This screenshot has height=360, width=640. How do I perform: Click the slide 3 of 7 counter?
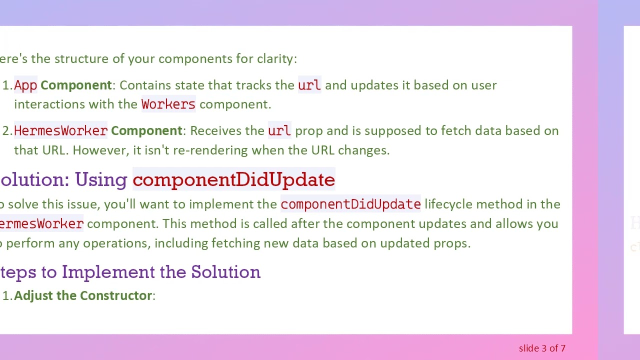click(542, 348)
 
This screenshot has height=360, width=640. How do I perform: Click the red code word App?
click(25, 85)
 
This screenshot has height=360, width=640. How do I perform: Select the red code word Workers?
click(168, 104)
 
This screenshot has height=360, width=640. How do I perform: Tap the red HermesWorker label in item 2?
click(60, 131)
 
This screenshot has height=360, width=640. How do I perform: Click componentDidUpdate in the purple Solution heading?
click(233, 180)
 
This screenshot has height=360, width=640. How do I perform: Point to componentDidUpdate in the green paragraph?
click(350, 204)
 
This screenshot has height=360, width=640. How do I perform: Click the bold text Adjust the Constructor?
click(83, 295)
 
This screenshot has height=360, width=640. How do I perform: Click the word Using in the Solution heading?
click(101, 180)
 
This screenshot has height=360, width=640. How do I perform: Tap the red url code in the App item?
click(309, 85)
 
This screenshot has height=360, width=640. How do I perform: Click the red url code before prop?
click(279, 131)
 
